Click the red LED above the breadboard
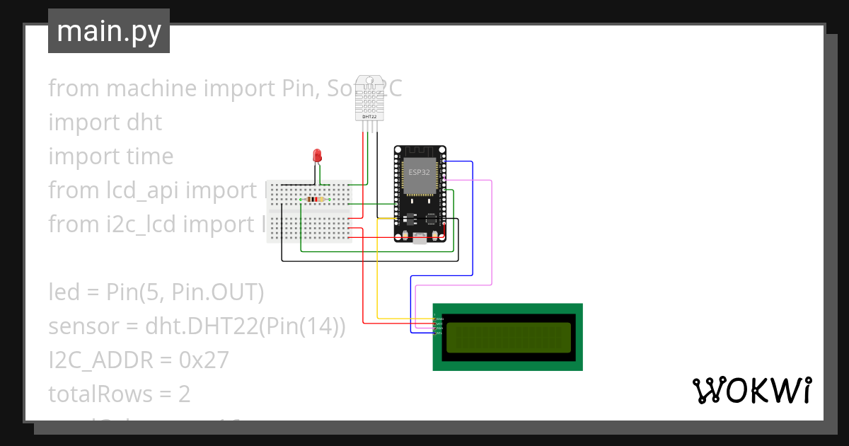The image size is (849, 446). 318,155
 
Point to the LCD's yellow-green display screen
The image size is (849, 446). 508,337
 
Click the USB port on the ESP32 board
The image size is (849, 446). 420,239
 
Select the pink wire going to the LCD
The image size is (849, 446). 491,234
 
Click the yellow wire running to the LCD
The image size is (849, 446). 377,276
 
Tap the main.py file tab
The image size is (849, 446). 109,31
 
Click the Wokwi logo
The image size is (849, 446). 751,391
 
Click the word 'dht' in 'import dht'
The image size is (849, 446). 144,122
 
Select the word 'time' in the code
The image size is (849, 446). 148,156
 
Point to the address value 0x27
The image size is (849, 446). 204,360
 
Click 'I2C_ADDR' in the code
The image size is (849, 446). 100,360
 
